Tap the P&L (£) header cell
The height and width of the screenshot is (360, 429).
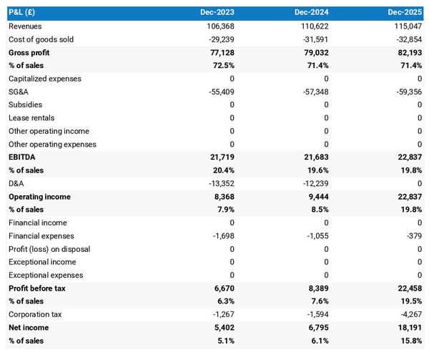[24, 13]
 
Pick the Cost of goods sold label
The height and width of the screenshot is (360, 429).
[41, 39]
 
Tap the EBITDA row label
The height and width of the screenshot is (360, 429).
[21, 157]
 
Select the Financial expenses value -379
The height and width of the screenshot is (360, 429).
[414, 236]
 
